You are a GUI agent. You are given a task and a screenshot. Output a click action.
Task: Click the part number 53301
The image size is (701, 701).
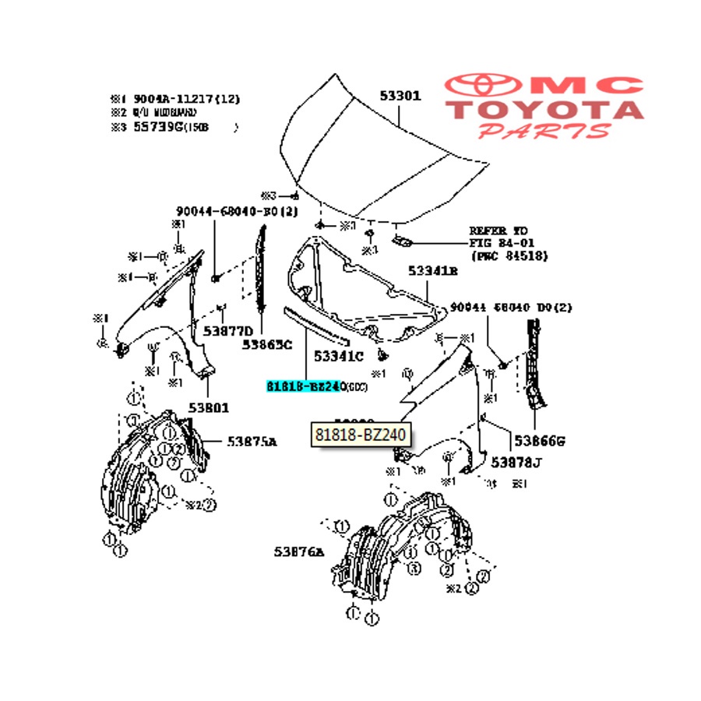(x=400, y=97)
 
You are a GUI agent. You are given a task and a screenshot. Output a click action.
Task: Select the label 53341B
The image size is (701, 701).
(x=433, y=271)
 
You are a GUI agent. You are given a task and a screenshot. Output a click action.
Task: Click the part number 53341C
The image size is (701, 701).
(x=338, y=357)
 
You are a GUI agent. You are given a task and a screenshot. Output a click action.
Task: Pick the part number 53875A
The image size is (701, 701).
(x=252, y=442)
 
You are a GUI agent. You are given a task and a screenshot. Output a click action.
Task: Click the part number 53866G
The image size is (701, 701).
(x=538, y=442)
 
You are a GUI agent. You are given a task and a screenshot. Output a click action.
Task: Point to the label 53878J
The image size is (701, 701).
(x=516, y=463)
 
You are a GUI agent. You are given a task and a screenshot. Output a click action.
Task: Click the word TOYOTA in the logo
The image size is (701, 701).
(x=544, y=110)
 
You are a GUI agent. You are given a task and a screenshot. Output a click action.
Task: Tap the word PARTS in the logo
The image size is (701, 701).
(x=544, y=130)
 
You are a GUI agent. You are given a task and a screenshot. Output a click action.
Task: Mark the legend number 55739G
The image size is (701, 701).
(x=156, y=126)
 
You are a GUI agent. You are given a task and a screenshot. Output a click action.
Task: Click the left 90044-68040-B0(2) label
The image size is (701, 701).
(x=226, y=211)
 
